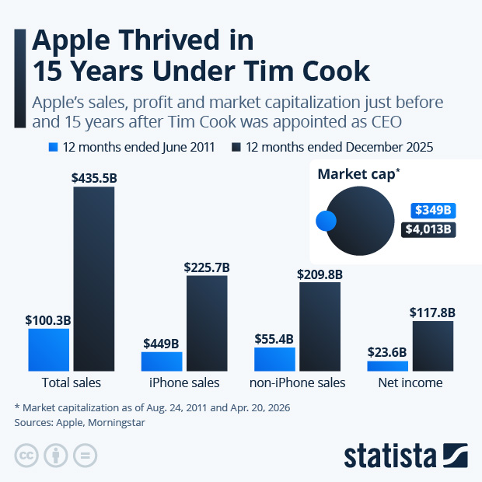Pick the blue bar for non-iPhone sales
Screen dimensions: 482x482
274,359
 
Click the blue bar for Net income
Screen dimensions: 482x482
387,365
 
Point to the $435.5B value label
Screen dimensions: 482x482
93,178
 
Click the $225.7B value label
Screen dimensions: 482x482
207,267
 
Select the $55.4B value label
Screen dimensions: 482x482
274,339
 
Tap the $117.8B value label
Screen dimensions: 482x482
432,313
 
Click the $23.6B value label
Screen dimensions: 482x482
387,352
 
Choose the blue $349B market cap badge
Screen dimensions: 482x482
433,211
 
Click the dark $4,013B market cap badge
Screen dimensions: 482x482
428,229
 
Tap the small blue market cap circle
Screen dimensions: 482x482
326,222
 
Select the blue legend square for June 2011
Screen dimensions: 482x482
53,146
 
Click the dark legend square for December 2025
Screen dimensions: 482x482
236,146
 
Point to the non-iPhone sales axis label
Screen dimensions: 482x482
297,382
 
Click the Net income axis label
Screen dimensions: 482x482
410,382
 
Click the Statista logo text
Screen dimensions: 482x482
390,456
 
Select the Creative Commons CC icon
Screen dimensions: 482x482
26,456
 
